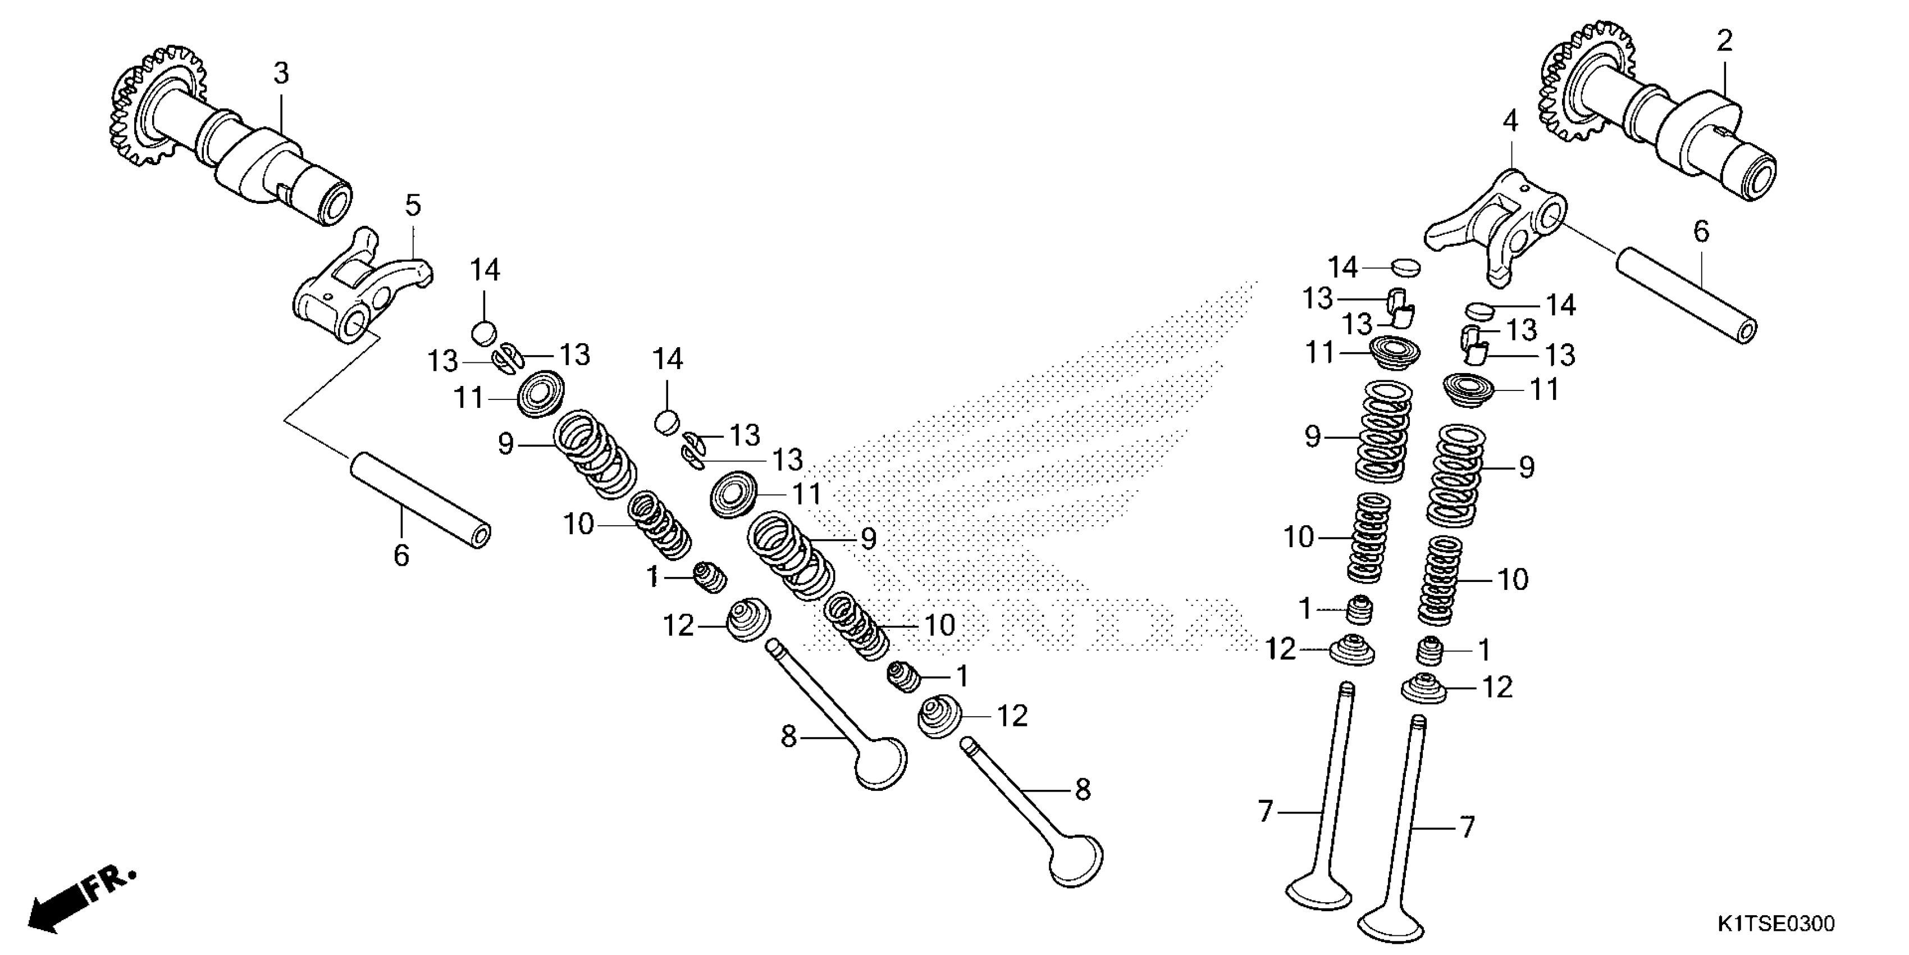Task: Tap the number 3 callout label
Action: pyautogui.click(x=281, y=74)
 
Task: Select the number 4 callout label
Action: pyautogui.click(x=1510, y=120)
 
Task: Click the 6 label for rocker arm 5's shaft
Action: pyautogui.click(x=401, y=556)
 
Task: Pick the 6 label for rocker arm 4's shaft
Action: pyautogui.click(x=1701, y=232)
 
